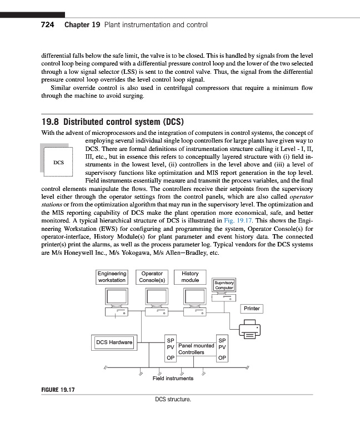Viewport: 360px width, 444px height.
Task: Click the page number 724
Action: pyautogui.click(x=49, y=25)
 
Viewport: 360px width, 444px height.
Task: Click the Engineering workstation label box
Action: pyautogui.click(x=112, y=277)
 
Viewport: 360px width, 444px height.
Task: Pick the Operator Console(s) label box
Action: pyautogui.click(x=152, y=277)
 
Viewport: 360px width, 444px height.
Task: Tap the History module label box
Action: pyautogui.click(x=190, y=277)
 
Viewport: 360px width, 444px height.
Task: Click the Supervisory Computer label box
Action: pyautogui.click(x=224, y=285)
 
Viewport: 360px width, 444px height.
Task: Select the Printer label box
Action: pyautogui.click(x=252, y=309)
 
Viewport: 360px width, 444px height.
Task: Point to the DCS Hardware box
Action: pyautogui.click(x=114, y=342)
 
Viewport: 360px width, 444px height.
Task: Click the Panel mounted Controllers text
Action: pyautogui.click(x=196, y=349)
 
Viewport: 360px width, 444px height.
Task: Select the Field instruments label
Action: pyautogui.click(x=173, y=379)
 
